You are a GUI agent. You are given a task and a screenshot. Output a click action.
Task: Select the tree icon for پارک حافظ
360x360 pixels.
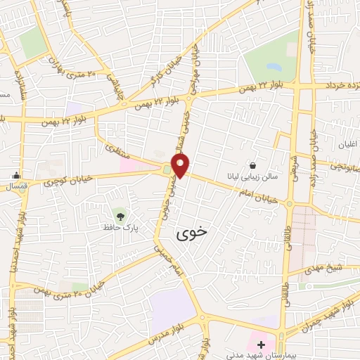pyautogui.click(x=120, y=213)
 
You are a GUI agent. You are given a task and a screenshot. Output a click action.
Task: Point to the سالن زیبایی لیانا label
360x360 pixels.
pyautogui.click(x=252, y=177)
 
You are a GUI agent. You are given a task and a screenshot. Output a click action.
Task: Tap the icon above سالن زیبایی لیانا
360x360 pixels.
pyautogui.click(x=252, y=165)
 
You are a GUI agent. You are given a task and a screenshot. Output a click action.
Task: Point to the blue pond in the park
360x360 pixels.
pyautogui.click(x=274, y=67)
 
